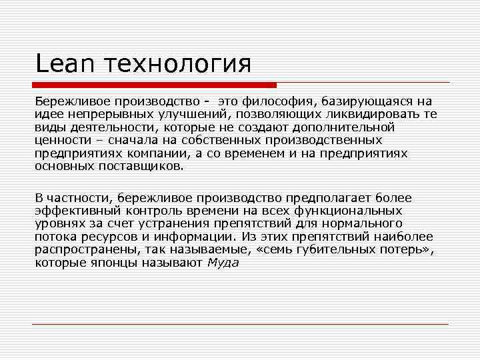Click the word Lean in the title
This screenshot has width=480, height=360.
(x=59, y=64)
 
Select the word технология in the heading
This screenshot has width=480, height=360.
(x=169, y=64)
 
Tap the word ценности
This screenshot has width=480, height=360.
(x=61, y=139)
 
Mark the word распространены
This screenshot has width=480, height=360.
(x=82, y=249)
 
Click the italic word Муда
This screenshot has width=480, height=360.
(x=223, y=262)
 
